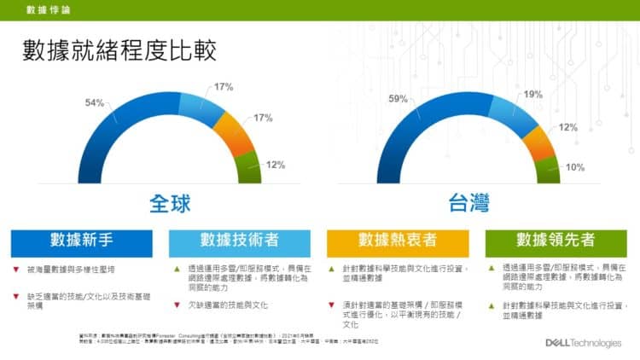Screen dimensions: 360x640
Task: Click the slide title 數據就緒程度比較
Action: [119, 50]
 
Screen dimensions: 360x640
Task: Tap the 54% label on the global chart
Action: [95, 103]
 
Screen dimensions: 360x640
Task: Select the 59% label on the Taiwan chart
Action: [399, 99]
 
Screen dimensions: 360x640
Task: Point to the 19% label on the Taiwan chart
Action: [533, 95]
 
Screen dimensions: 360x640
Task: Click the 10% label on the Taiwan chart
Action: [575, 167]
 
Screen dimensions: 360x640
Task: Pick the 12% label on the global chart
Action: [275, 165]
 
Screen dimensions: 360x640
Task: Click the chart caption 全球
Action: [170, 205]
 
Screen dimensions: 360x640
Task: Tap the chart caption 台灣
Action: [468, 205]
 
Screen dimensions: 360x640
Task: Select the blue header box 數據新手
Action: [83, 241]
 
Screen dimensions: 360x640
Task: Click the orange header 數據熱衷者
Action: [397, 241]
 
